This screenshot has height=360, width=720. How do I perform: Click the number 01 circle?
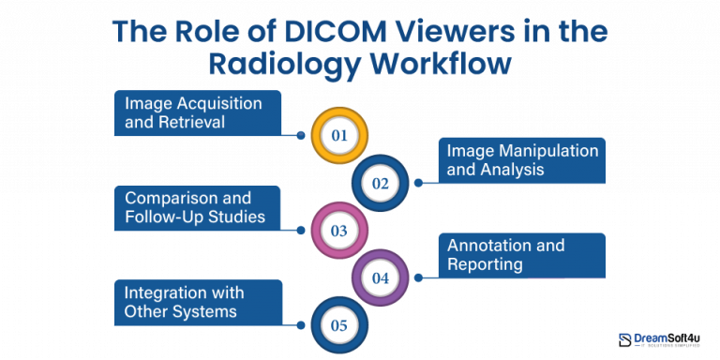pyautogui.click(x=339, y=136)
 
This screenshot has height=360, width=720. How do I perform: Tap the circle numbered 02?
pyautogui.click(x=380, y=183)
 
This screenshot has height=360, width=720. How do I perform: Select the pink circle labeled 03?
pyautogui.click(x=339, y=230)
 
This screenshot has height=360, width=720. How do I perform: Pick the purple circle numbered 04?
pyautogui.click(x=380, y=277)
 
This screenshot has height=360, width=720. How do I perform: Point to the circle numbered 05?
pyautogui.click(x=339, y=325)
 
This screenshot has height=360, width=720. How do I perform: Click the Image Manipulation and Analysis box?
pyautogui.click(x=521, y=160)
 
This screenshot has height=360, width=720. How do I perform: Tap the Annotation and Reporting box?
pyautogui.click(x=521, y=255)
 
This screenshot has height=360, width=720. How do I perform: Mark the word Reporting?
pyautogui.click(x=485, y=264)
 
